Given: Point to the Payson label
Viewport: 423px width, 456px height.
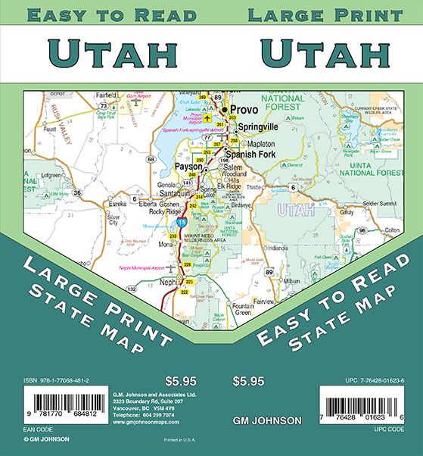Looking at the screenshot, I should pyautogui.click(x=188, y=166).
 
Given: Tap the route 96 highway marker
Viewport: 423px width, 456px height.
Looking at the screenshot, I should pyautogui.click(x=362, y=230).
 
